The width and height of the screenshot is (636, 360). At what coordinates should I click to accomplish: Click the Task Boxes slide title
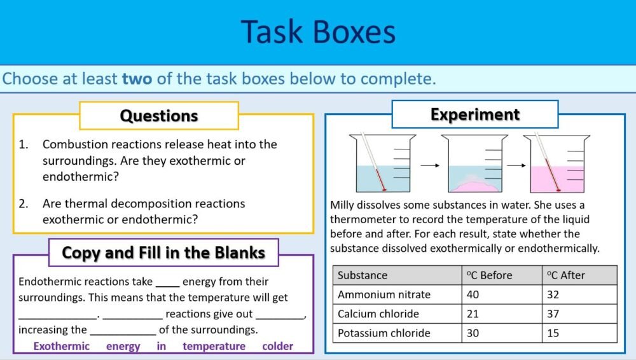click(318, 32)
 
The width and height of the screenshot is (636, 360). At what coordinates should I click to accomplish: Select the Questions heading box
click(159, 116)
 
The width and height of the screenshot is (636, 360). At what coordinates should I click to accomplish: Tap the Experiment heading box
click(474, 114)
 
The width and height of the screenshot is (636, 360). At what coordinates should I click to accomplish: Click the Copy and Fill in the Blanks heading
click(163, 253)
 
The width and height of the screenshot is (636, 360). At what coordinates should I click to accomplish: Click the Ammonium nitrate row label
click(384, 294)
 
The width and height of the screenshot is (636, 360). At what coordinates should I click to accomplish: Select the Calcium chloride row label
click(378, 314)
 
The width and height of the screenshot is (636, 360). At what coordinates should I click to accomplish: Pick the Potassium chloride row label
click(384, 333)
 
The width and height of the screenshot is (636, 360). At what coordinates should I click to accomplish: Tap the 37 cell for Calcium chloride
click(553, 314)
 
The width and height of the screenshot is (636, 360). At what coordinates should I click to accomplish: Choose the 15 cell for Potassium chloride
click(553, 333)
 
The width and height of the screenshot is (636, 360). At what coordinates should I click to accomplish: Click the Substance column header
click(363, 275)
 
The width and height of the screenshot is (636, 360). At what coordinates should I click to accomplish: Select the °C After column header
click(565, 275)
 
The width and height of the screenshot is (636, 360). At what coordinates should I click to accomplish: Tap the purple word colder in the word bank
click(278, 347)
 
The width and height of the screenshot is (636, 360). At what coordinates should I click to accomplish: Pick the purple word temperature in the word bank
click(214, 347)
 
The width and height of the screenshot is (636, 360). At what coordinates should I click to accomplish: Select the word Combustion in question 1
click(72, 144)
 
